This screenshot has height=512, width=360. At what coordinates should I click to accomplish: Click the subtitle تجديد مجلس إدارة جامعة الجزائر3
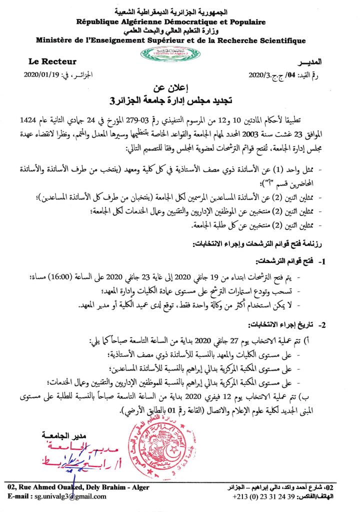(x=180, y=100)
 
